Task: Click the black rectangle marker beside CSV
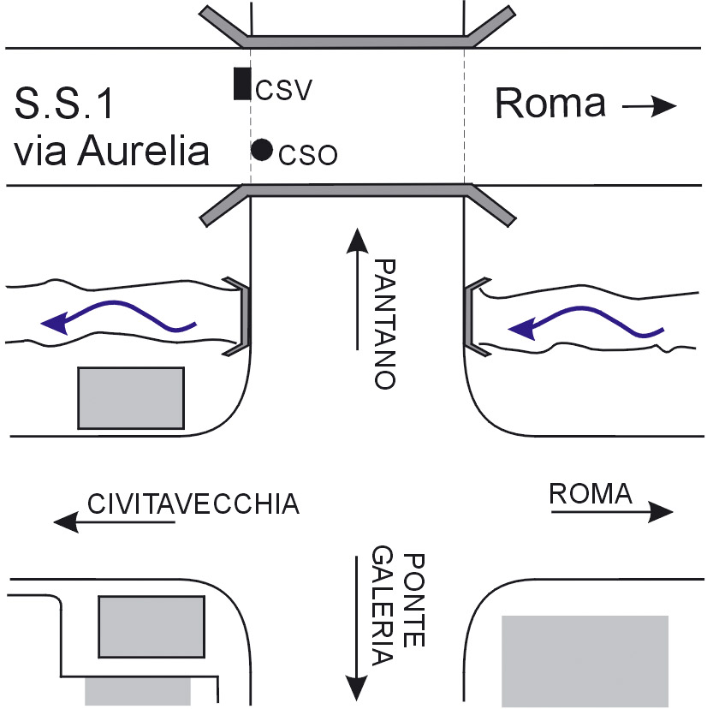(x=242, y=84)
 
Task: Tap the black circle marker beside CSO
(x=262, y=150)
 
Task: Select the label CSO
(x=308, y=155)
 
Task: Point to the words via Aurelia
(x=111, y=152)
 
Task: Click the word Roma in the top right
(x=551, y=104)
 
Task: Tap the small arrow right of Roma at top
(x=649, y=106)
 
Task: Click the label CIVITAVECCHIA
(x=194, y=503)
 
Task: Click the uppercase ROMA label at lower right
(x=591, y=493)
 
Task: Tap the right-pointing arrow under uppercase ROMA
(x=612, y=512)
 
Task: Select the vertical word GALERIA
(x=383, y=607)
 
